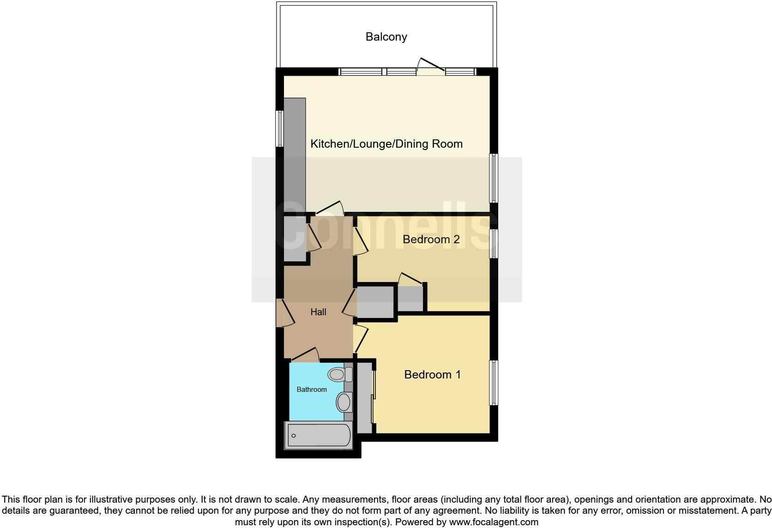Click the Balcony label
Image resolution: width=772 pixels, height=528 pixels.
386,37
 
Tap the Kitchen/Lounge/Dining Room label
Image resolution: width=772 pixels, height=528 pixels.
386,144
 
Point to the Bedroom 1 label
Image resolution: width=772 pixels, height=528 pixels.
432,374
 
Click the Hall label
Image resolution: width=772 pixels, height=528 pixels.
318,312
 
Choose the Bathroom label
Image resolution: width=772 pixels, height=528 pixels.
311,390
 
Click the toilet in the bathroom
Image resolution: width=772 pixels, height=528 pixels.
337,374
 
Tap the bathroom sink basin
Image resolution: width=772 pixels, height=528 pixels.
343,402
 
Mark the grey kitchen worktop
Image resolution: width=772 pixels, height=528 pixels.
295,155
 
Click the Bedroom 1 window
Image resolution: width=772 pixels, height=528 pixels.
494,383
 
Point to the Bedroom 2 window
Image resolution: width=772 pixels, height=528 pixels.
494,243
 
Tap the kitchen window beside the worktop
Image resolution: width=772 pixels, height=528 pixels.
279,128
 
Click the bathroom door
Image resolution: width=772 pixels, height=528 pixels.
305,355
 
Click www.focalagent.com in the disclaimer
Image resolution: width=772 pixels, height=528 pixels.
493,522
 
